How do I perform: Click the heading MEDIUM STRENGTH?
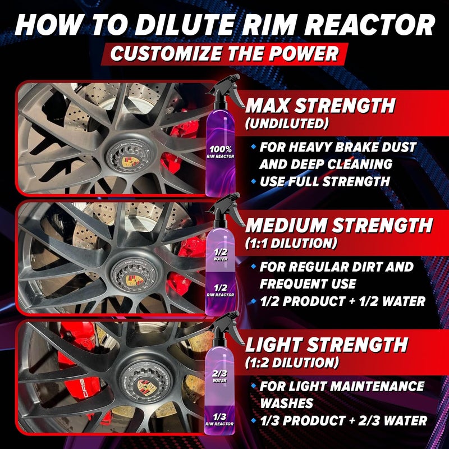point(338,226)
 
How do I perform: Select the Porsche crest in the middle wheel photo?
point(132,280)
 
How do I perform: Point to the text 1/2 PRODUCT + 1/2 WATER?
point(342,301)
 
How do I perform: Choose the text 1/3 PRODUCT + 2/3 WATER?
point(343,420)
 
